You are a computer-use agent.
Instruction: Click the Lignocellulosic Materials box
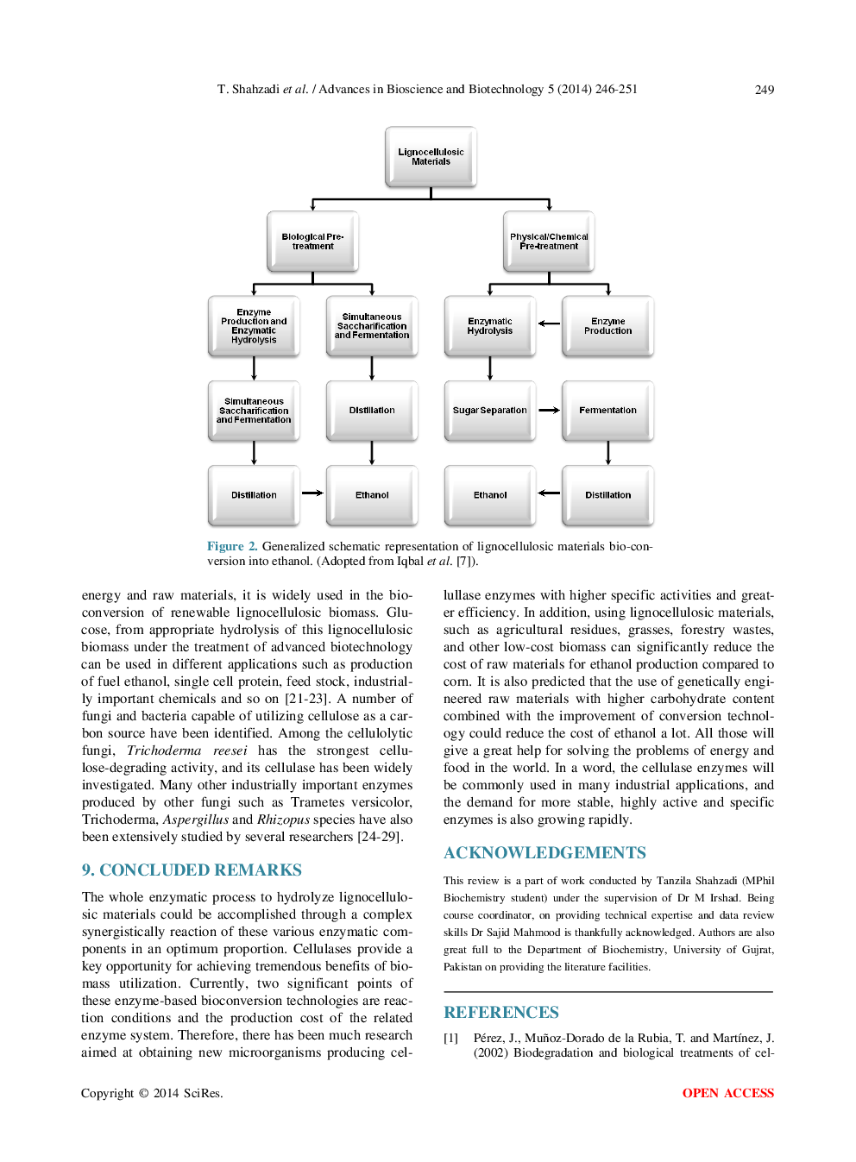point(431,157)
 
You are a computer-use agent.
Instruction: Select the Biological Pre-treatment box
point(312,242)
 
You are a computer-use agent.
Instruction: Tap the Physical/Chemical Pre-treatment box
point(549,242)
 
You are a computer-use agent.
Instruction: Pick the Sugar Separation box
point(489,411)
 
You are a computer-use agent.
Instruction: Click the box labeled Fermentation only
point(607,411)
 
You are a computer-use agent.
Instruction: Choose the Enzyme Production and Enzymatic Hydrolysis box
point(254,326)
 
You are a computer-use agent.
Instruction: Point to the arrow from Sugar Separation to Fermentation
point(549,411)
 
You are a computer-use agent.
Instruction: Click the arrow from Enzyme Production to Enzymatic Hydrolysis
point(549,324)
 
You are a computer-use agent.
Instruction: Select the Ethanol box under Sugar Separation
point(489,495)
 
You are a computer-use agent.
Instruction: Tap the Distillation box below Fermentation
point(607,495)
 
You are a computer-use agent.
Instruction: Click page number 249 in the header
point(764,90)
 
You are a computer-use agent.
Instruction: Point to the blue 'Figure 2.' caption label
point(232,546)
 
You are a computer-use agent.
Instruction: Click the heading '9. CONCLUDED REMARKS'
point(192,870)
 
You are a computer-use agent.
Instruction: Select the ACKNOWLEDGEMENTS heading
point(544,852)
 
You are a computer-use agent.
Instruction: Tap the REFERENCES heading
point(501,1012)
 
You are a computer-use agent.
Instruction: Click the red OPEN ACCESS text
point(727,1093)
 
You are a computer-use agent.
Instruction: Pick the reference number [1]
point(450,1038)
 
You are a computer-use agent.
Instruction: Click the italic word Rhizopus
point(283,820)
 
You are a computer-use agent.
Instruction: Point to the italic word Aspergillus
point(196,820)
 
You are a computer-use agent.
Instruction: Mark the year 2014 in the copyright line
point(166,1093)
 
